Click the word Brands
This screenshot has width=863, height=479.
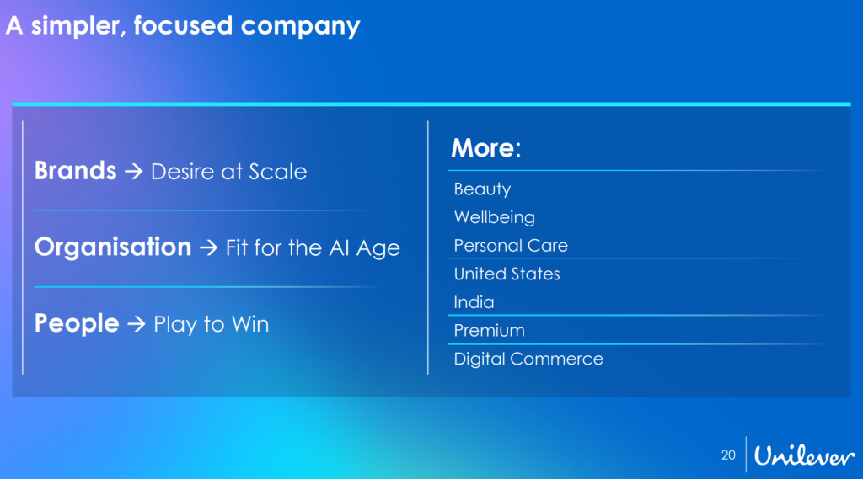point(75,171)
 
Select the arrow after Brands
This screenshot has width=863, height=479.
point(134,172)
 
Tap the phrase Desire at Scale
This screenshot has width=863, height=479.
point(229,172)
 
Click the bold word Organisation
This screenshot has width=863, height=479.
point(113,247)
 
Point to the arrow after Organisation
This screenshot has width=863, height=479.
point(209,248)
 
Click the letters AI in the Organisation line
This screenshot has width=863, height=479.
point(339,248)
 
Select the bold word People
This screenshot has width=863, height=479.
point(77,323)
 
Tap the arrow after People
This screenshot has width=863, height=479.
point(137,324)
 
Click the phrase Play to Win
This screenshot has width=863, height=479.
point(212,324)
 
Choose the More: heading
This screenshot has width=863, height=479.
point(486,148)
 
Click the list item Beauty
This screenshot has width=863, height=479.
point(482,189)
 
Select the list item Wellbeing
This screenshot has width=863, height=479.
point(494,217)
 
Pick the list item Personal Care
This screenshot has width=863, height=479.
point(511,245)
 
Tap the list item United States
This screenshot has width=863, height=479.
point(507,274)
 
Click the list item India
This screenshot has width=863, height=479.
point(474,302)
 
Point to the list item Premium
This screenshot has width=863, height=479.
point(490,331)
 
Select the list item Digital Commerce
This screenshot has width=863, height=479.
point(528,359)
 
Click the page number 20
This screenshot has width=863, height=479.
point(728,455)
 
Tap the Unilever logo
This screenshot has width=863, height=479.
point(804,455)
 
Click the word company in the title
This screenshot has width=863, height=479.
point(301,26)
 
